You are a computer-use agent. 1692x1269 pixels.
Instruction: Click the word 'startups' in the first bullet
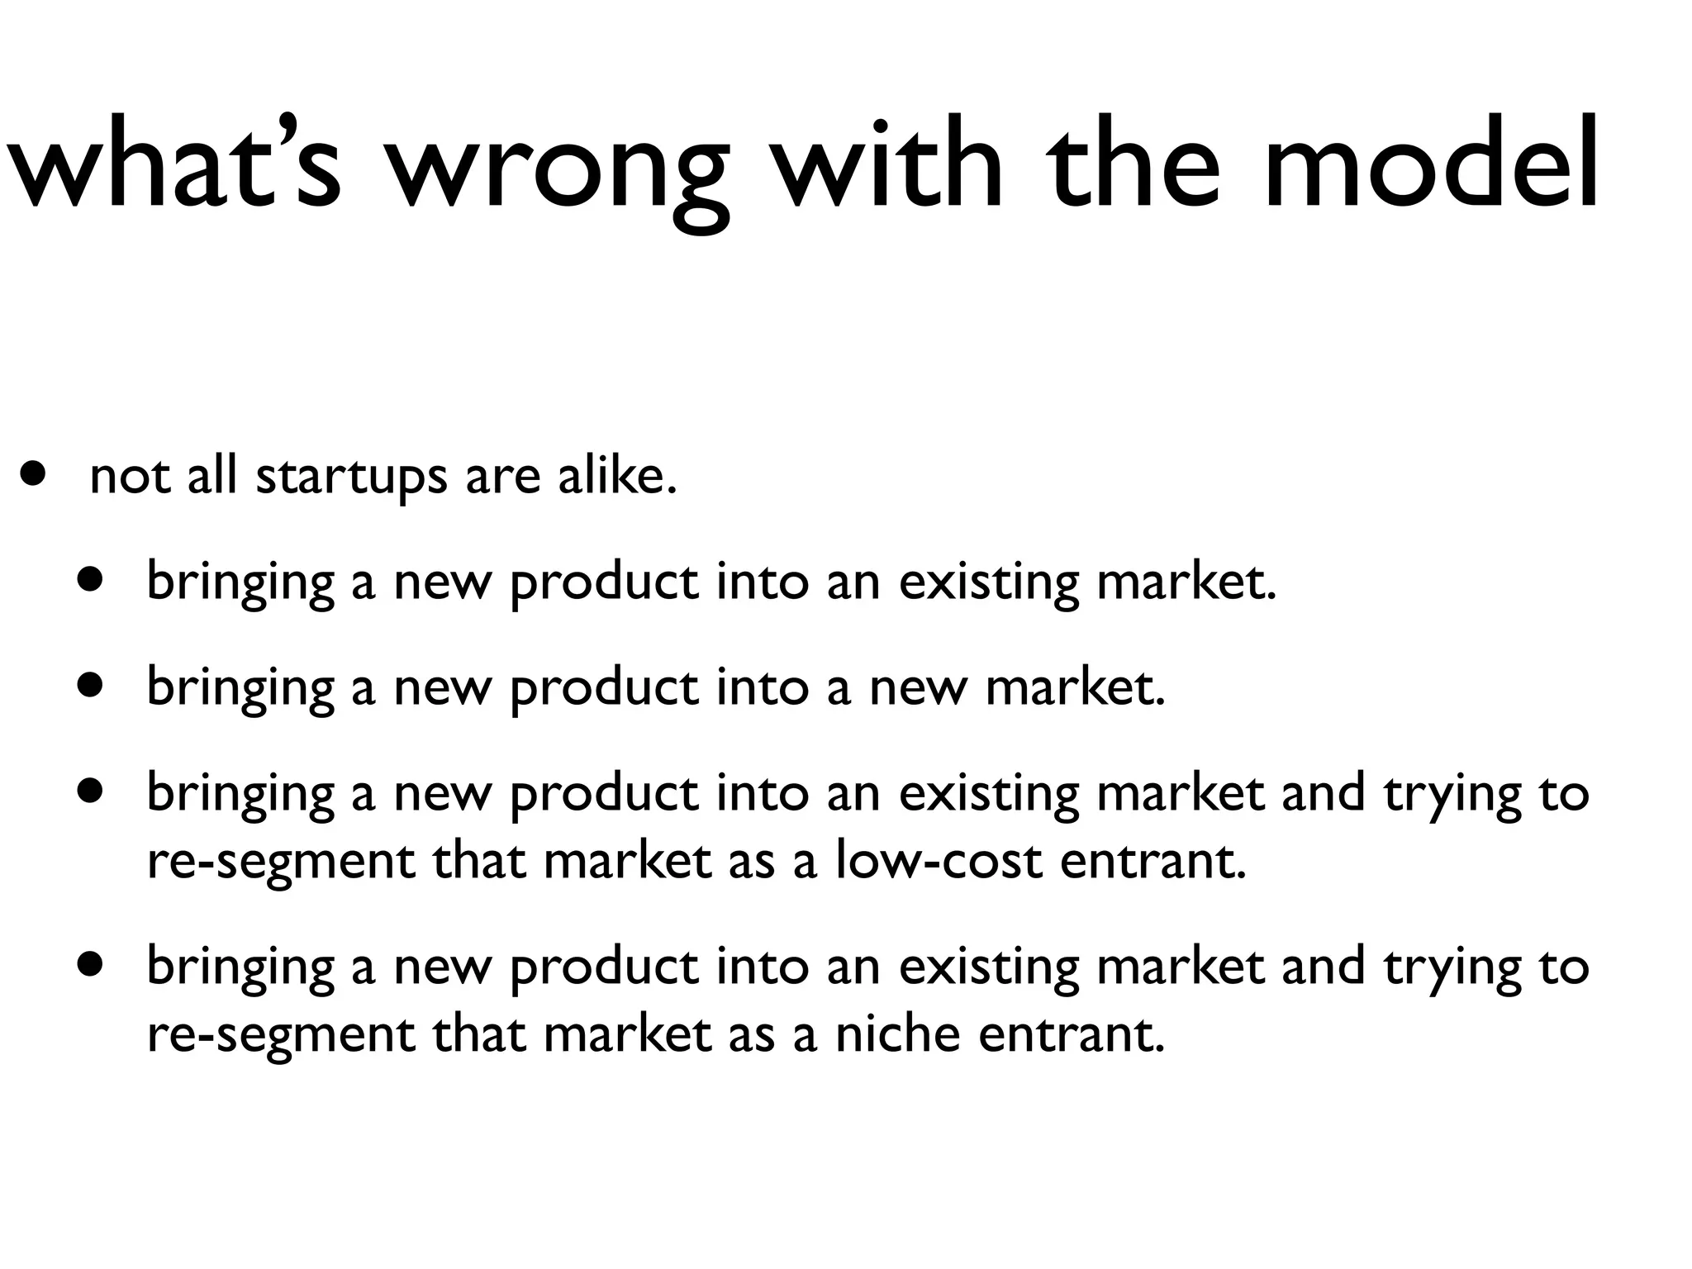[x=351, y=478]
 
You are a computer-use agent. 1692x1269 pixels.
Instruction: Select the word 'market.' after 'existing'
[x=1186, y=582]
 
